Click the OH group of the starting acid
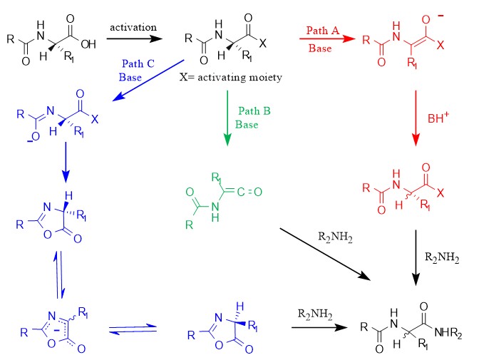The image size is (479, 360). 88,43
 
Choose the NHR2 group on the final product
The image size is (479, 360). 441,331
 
